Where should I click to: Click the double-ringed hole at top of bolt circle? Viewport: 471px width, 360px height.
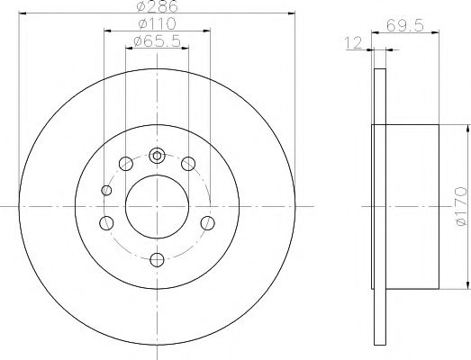[158, 155]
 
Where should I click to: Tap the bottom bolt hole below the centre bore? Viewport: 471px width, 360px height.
[158, 259]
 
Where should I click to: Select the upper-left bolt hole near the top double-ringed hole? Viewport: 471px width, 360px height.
[125, 164]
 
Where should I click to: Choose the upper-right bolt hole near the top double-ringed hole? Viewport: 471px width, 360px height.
[188, 164]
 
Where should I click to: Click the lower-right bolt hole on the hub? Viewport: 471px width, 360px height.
[208, 223]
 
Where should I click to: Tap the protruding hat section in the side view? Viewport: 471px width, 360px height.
[410, 207]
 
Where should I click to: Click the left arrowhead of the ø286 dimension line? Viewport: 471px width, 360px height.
[22, 13]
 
